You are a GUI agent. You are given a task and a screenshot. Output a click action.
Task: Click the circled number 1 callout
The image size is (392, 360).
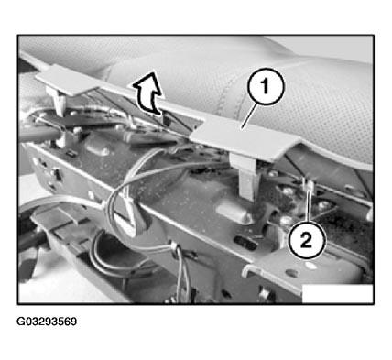point(266,86)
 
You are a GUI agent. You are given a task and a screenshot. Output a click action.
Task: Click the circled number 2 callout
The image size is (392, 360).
point(307,241)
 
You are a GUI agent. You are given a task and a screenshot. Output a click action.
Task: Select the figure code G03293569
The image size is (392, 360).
point(47,322)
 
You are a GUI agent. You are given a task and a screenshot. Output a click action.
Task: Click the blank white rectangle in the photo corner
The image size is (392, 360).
point(337,294)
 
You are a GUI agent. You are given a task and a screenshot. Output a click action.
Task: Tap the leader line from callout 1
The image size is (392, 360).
point(248,115)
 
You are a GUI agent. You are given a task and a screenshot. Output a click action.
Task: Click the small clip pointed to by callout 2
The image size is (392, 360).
point(309,185)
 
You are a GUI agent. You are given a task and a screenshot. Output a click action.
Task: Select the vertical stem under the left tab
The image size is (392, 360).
point(59,102)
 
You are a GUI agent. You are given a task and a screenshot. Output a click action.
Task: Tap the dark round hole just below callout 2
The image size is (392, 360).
point(293,273)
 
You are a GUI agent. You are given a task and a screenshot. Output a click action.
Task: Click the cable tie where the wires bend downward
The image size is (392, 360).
point(174,247)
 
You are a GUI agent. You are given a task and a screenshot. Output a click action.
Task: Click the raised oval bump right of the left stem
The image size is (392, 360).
point(97,148)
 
